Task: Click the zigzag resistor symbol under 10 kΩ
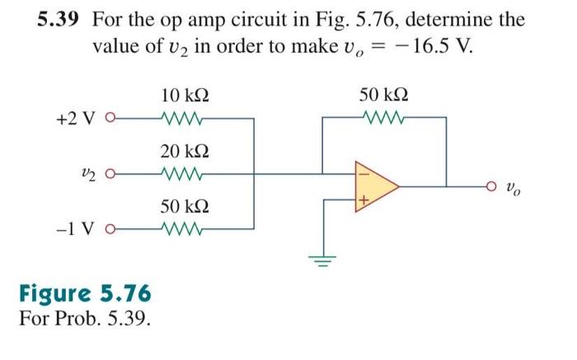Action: pyautogui.click(x=184, y=118)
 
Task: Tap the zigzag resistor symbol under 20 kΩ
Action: pyautogui.click(x=184, y=174)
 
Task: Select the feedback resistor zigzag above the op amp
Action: pyautogui.click(x=383, y=118)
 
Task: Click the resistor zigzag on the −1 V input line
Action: pyautogui.click(x=184, y=228)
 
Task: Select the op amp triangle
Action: pyautogui.click(x=375, y=187)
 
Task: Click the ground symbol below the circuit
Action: pyautogui.click(x=322, y=262)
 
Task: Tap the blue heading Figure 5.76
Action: pyautogui.click(x=85, y=294)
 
